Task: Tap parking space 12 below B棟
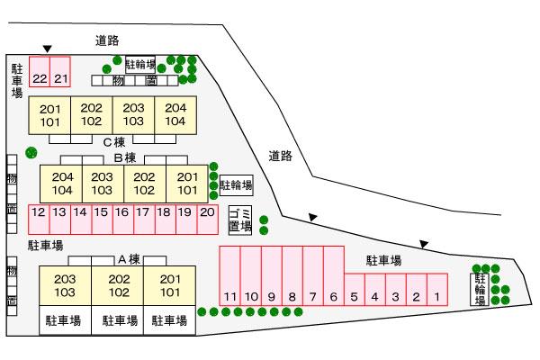click(38, 213)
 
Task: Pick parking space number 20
click(207, 213)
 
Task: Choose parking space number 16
click(122, 213)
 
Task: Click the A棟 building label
click(130, 259)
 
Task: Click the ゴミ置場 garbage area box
click(239, 220)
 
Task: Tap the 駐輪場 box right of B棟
click(237, 185)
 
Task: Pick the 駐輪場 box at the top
click(140, 65)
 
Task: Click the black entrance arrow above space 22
click(47, 49)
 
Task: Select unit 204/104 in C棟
click(175, 114)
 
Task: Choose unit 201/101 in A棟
click(170, 285)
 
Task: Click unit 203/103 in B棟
click(103, 184)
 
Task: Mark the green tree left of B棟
click(31, 152)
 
